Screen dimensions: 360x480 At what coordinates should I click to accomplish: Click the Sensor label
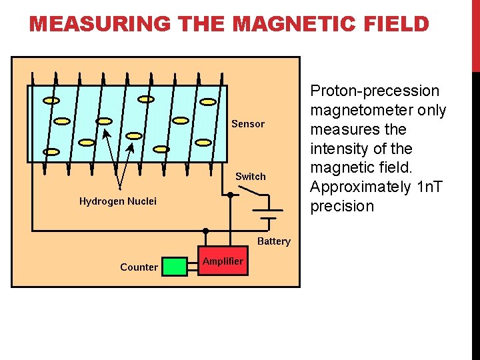248,124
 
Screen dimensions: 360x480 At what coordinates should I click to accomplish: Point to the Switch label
250,177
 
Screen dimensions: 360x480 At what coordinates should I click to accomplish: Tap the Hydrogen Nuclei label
118,201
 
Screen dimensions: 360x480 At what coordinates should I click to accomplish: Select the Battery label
274,241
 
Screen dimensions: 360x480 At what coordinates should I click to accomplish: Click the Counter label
139,267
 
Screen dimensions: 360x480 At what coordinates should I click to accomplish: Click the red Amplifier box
223,262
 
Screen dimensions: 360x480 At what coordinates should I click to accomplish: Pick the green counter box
175,267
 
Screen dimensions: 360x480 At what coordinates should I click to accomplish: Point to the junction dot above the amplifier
205,231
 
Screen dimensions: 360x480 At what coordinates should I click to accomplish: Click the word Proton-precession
375,91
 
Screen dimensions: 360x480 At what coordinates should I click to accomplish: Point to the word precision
342,207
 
